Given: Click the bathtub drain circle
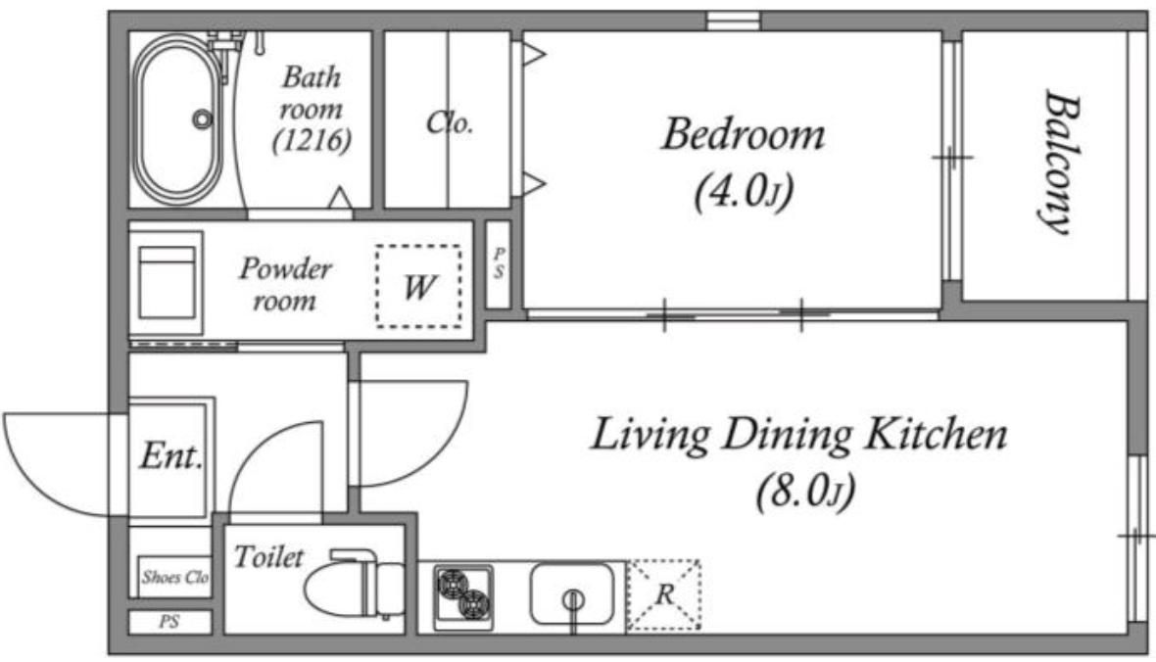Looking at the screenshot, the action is point(202,118).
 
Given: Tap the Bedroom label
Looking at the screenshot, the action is point(743,135).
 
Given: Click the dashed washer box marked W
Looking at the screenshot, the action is point(418,286).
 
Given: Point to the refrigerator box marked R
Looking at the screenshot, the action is point(663,594).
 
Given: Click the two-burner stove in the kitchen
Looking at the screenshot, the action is point(463,595).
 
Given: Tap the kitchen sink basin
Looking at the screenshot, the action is point(571,593).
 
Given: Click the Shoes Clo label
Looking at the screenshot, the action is point(174,577).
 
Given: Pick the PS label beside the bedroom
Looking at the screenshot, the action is point(499,263).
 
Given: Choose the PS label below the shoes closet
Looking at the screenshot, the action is point(169,622).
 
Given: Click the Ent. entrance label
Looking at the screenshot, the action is point(171,454).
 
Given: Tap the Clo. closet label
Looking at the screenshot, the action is point(449,122).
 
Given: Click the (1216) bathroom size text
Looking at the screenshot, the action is point(312,140).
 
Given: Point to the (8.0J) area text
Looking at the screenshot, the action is point(805,491).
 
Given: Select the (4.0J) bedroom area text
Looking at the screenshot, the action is point(744,191).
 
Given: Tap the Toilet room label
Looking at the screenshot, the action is point(268,556).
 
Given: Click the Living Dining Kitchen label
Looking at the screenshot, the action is point(798,434).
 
